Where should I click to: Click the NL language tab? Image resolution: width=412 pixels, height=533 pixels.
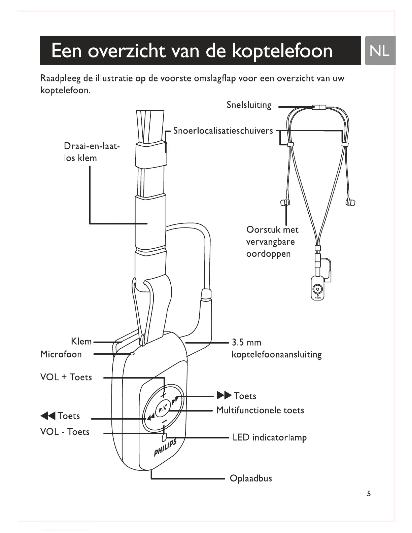380,50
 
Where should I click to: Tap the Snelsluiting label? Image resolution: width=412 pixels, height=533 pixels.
249,105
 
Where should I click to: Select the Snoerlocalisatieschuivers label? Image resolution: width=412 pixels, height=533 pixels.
223,131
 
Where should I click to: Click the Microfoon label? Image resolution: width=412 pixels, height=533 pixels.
61,354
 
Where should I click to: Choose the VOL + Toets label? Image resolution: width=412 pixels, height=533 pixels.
66,377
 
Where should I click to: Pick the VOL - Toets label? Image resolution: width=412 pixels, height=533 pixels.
65,432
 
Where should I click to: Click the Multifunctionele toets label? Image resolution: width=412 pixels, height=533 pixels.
260,410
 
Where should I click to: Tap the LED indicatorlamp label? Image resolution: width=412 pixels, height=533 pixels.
270,438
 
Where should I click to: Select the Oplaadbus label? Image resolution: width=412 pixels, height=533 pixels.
250,478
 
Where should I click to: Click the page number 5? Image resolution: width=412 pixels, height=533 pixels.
369,494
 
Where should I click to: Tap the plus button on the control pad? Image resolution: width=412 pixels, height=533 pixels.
164,394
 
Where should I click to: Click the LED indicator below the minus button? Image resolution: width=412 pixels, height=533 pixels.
164,437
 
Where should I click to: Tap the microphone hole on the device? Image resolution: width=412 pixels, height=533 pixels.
132,354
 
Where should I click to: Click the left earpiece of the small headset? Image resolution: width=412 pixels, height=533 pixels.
284,202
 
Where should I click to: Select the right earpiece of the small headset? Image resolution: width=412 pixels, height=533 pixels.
350,202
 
